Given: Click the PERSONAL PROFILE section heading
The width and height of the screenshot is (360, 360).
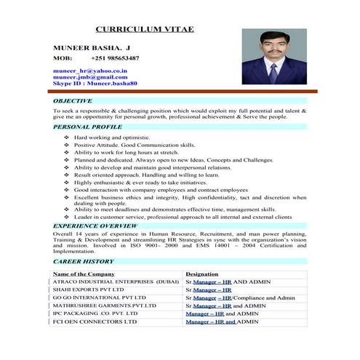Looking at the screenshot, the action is (x=87, y=127).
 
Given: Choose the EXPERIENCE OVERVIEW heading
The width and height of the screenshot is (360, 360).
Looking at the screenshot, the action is (x=95, y=226).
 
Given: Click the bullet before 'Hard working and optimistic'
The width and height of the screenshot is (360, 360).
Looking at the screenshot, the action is (x=67, y=137).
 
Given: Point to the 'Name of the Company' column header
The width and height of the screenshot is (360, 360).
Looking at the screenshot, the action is (x=84, y=273).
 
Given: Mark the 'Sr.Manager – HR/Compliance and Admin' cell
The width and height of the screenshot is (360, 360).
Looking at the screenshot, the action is (x=240, y=297).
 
